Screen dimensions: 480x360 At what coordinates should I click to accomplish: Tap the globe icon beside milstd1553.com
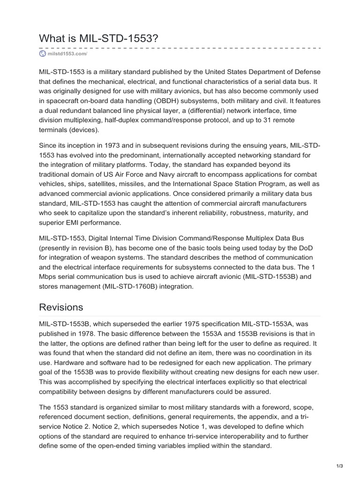click(x=43, y=54)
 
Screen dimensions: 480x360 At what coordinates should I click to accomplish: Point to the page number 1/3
click(x=340, y=465)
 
